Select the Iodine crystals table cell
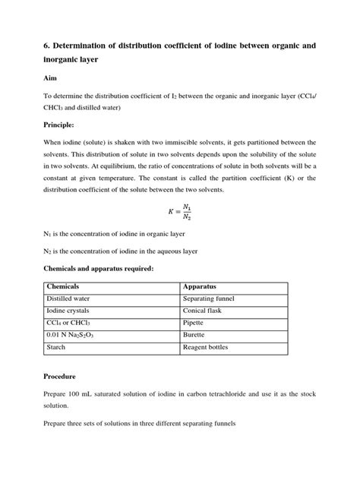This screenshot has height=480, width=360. (73, 312)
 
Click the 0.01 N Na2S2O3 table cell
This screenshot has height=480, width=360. (75, 336)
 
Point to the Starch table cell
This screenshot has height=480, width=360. (58, 348)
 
